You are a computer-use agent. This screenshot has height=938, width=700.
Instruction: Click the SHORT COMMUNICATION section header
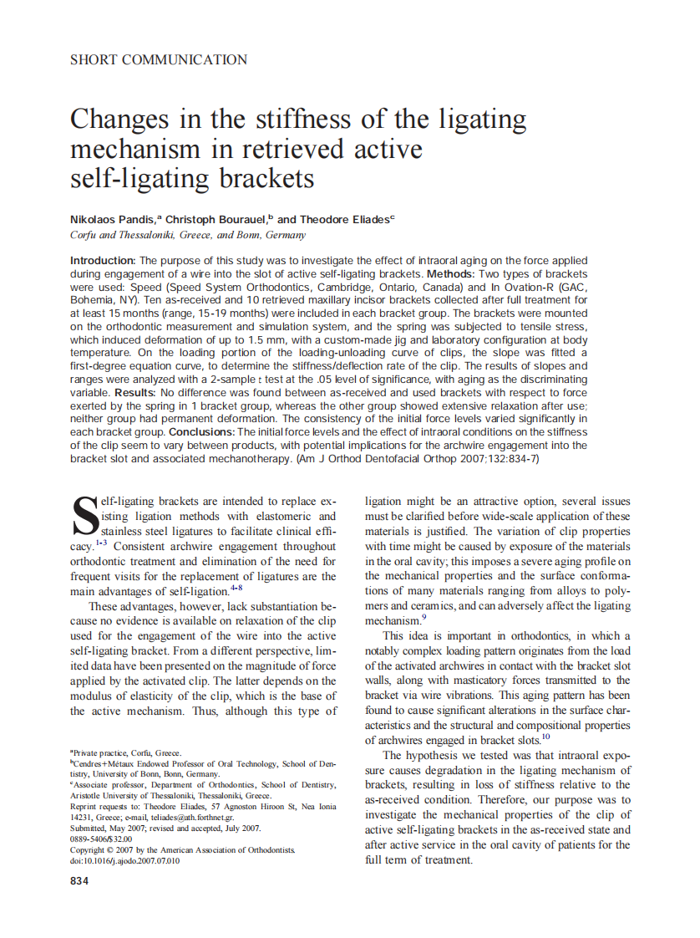(x=159, y=60)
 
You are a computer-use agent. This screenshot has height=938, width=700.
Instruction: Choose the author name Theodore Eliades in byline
(x=342, y=219)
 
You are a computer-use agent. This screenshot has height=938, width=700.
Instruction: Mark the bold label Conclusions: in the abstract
(x=202, y=431)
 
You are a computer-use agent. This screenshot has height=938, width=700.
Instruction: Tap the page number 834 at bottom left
(x=79, y=882)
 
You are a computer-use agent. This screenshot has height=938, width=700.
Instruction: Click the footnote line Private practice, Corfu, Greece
(x=127, y=752)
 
